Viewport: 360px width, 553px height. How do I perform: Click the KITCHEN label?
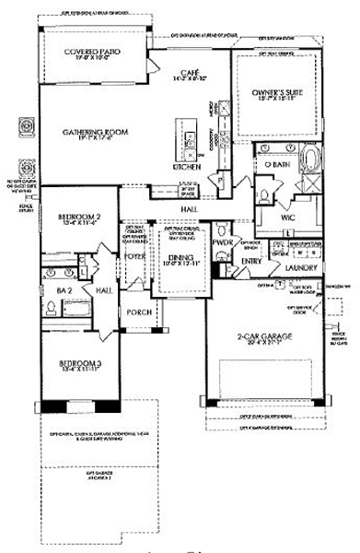[187, 167]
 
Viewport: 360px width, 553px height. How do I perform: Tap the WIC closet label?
[286, 218]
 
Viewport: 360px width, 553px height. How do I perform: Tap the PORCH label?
[138, 312]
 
